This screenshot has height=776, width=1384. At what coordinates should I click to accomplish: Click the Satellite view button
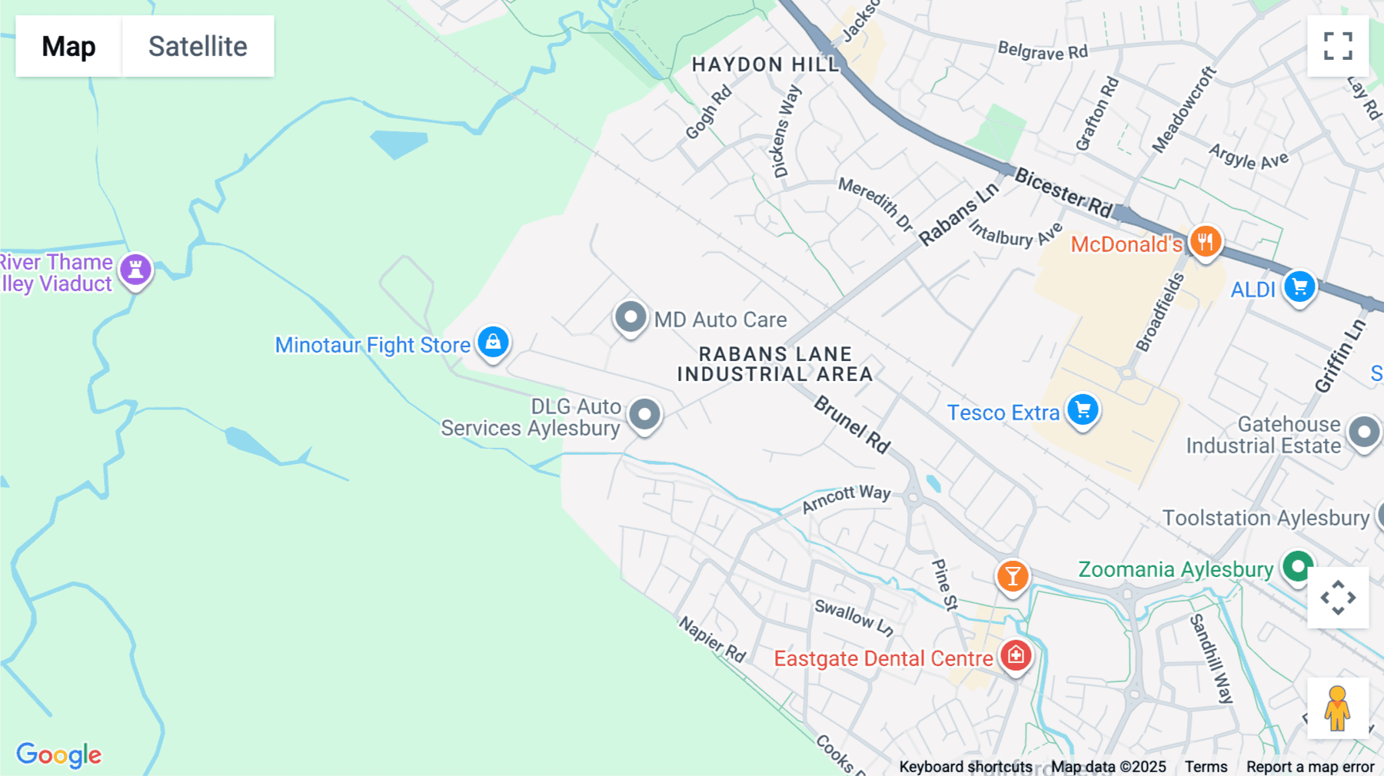[x=198, y=46]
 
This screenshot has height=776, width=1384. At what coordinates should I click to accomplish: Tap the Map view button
[x=68, y=46]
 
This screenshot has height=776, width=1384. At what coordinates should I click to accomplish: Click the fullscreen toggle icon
[x=1338, y=46]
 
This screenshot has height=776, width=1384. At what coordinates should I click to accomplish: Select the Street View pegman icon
[x=1338, y=708]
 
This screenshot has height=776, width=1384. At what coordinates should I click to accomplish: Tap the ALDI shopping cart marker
[x=1299, y=287]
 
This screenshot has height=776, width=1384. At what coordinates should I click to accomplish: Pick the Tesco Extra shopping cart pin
[x=1083, y=410]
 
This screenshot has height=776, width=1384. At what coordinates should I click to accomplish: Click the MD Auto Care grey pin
[x=630, y=317]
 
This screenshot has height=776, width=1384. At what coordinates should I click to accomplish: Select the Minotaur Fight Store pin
[x=493, y=342]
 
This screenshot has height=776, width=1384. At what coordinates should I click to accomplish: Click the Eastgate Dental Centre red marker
[x=1016, y=656]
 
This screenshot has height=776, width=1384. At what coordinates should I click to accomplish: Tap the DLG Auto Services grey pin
[x=644, y=415]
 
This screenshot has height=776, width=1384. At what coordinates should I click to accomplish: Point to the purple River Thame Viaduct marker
[x=136, y=270]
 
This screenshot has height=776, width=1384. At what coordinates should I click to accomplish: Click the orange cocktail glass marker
[x=1013, y=576]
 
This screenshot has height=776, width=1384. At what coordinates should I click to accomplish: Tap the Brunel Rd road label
[x=852, y=424]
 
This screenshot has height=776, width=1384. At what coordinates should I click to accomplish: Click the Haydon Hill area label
[x=765, y=65]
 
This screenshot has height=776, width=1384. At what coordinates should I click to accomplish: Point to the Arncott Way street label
[x=846, y=499]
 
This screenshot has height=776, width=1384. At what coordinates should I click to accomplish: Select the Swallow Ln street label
[x=854, y=618]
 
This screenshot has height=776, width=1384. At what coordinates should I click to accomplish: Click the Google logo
[x=58, y=754]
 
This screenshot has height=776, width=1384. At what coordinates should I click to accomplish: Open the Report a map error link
[x=1310, y=767]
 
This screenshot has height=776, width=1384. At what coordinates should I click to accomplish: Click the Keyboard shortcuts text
[x=966, y=767]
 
